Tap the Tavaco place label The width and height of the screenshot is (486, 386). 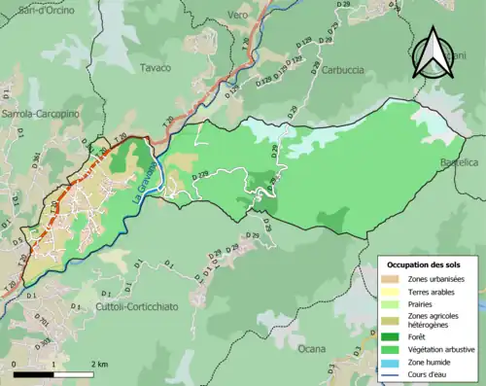tap(155, 68)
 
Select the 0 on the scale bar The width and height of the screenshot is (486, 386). tap(15, 363)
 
